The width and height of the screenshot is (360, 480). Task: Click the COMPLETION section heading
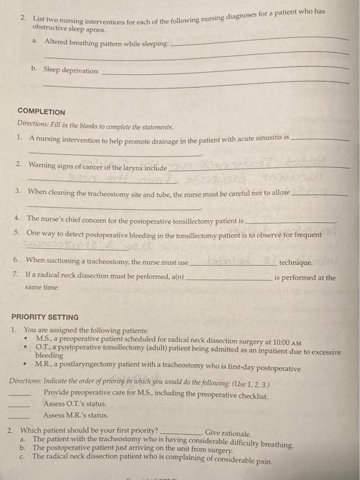(42, 111)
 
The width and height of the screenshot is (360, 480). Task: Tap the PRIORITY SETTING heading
(45, 317)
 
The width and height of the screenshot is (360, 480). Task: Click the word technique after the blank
(296, 262)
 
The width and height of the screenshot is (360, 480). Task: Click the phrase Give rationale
(228, 432)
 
